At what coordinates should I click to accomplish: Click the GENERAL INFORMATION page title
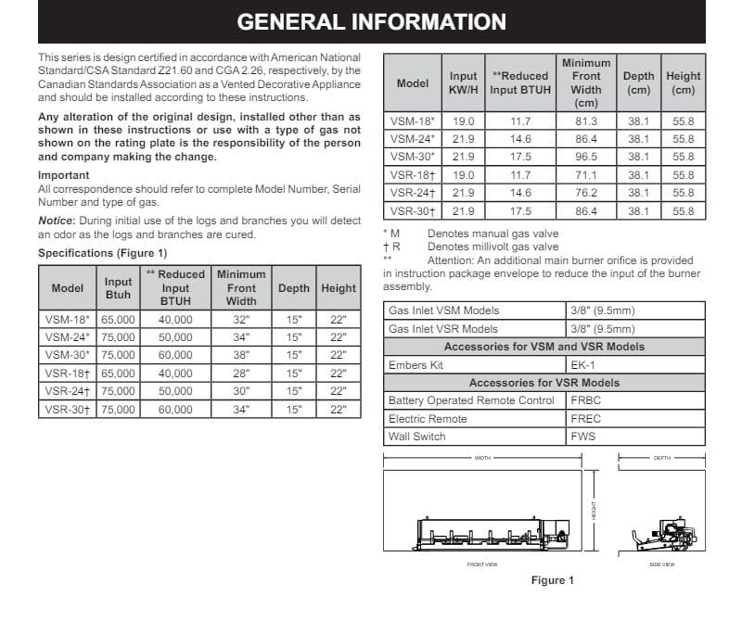click(x=371, y=21)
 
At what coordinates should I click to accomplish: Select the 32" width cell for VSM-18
click(x=240, y=319)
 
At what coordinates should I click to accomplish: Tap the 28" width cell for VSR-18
click(x=240, y=373)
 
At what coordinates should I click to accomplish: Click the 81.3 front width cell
click(x=586, y=121)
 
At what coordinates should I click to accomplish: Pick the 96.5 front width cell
click(x=586, y=157)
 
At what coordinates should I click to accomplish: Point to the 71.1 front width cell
click(x=586, y=175)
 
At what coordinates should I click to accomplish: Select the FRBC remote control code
click(x=586, y=400)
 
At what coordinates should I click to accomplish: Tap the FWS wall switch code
click(x=583, y=436)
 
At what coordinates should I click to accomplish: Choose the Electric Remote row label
click(x=428, y=418)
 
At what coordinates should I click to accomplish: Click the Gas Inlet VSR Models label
click(x=443, y=329)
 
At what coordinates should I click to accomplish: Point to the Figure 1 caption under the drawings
click(x=552, y=580)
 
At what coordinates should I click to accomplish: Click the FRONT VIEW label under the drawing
click(x=481, y=564)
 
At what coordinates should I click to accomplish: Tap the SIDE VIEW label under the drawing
click(x=661, y=564)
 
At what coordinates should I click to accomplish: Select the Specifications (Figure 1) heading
click(x=102, y=253)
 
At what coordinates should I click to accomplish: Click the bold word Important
click(x=63, y=175)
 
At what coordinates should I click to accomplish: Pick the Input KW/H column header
click(x=463, y=83)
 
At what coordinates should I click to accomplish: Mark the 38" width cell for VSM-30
click(x=240, y=355)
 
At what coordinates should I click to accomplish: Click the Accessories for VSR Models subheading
click(x=544, y=383)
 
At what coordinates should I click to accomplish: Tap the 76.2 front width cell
click(x=586, y=193)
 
